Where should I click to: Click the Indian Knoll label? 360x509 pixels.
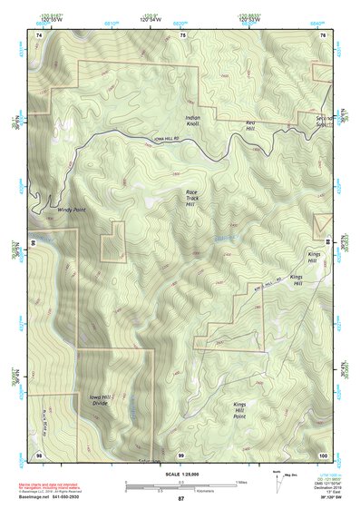[x=192, y=120]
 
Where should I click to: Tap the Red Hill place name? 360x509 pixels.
[x=251, y=124]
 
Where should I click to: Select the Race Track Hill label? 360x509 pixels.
[x=190, y=198]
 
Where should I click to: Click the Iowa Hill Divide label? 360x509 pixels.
[x=100, y=399]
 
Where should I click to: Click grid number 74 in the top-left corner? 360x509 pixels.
[x=39, y=34]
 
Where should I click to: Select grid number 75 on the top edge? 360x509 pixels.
[x=182, y=34]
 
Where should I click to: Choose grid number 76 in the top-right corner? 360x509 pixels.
[x=324, y=34]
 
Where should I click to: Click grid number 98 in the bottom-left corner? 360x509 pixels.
[x=39, y=454]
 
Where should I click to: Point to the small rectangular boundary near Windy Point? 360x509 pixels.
[x=112, y=240]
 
